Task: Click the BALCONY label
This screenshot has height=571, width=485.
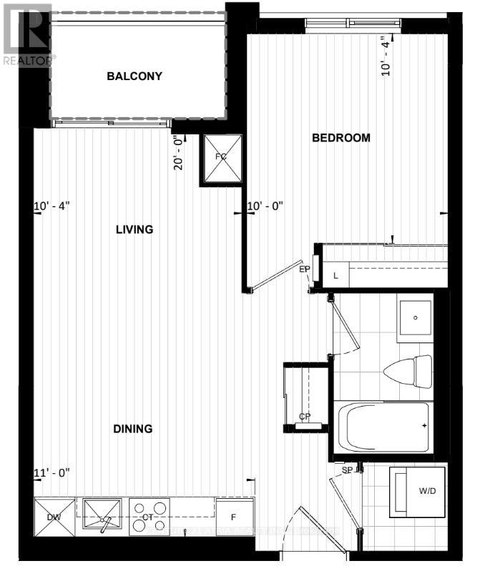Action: tap(134, 76)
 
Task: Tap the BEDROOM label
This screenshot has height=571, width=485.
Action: tap(341, 138)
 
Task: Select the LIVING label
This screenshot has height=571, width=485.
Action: tap(134, 229)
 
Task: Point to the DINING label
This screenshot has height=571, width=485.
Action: tap(132, 429)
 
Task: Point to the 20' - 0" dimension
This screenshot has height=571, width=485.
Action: tap(180, 152)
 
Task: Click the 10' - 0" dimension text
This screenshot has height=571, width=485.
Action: tap(265, 207)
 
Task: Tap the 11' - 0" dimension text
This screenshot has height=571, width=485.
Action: tap(52, 472)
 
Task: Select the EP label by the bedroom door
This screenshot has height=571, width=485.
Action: tap(304, 269)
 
